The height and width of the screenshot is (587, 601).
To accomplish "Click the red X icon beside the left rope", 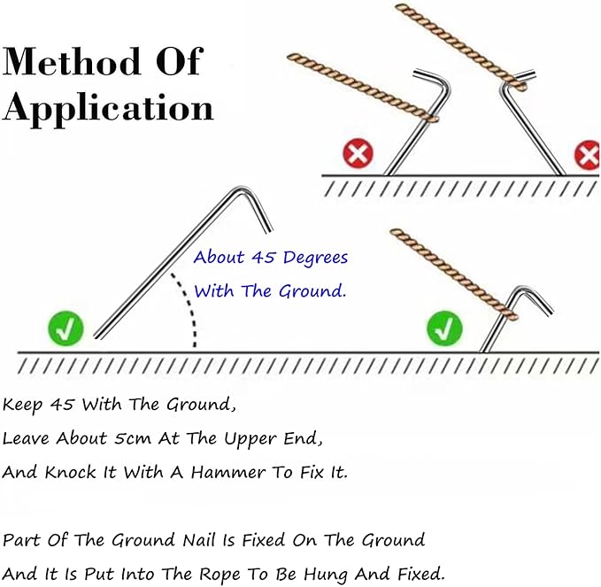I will pyautogui.click(x=358, y=156).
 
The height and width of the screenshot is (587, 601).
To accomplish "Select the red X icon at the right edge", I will pyautogui.click(x=587, y=156).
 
